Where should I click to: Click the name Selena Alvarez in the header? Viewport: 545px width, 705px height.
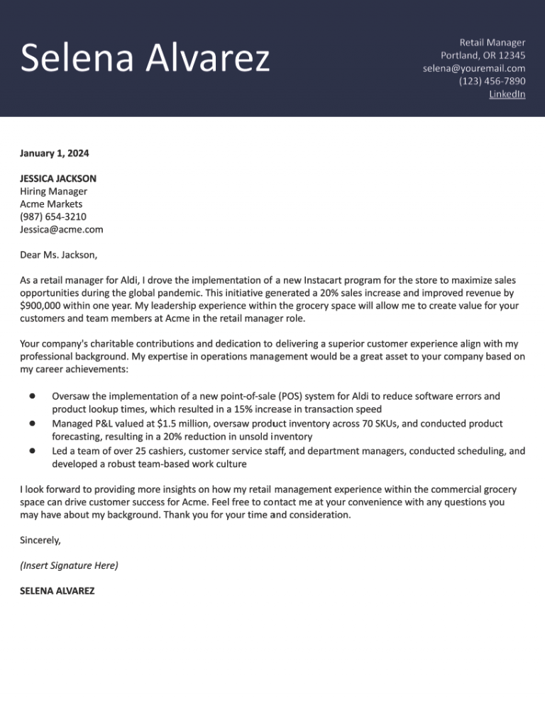(145, 58)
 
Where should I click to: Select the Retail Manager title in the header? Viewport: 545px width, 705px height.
(492, 43)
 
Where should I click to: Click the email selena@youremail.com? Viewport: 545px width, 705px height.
(474, 68)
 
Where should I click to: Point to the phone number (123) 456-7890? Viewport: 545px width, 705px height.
(492, 81)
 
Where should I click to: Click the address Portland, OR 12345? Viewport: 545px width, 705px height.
(483, 55)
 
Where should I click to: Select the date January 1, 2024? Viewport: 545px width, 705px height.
(55, 153)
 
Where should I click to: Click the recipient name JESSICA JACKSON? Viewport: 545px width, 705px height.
(58, 179)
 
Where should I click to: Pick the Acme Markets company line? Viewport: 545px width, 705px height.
(51, 204)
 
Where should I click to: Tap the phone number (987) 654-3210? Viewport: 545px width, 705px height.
(53, 217)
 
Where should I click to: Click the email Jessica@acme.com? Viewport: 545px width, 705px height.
(62, 230)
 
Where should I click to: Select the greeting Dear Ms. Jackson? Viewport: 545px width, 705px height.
(59, 255)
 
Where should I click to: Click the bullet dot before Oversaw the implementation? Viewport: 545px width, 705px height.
(33, 396)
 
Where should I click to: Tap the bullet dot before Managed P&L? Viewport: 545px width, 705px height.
(33, 423)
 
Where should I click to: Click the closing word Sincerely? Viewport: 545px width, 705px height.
(40, 540)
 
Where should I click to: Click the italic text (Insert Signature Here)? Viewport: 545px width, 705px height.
(69, 565)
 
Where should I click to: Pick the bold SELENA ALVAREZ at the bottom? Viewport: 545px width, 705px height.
(57, 591)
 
